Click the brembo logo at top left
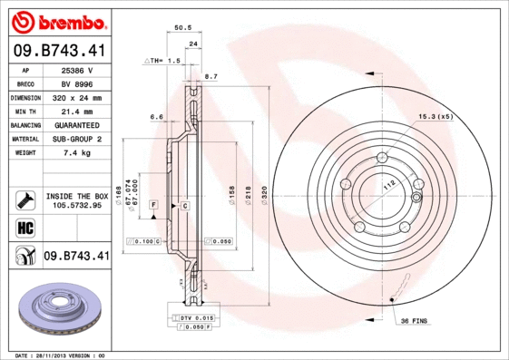pyautogui.click(x=57, y=21)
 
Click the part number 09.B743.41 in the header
pyautogui.click(x=59, y=52)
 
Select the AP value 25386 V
pyautogui.click(x=77, y=69)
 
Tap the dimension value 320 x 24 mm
pyautogui.click(x=77, y=97)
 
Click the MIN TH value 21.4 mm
pyautogui.click(x=77, y=111)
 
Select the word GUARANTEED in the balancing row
pyautogui.click(x=77, y=125)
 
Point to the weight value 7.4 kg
pyautogui.click(x=77, y=153)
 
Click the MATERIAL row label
pyautogui.click(x=24, y=139)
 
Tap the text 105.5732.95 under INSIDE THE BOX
pyautogui.click(x=77, y=205)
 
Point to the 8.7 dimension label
pyautogui.click(x=211, y=76)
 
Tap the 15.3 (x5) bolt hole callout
pyautogui.click(x=436, y=116)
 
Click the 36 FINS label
pyautogui.click(x=413, y=320)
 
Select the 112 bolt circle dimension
pyautogui.click(x=391, y=186)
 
